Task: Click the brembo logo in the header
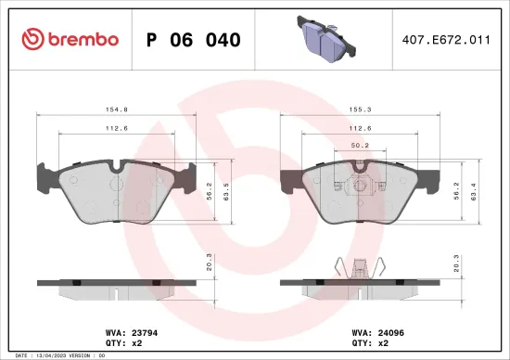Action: pos(69,39)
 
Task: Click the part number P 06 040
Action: pos(194,40)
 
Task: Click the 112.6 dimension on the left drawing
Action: pos(116,128)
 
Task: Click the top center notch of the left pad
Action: pos(116,168)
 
